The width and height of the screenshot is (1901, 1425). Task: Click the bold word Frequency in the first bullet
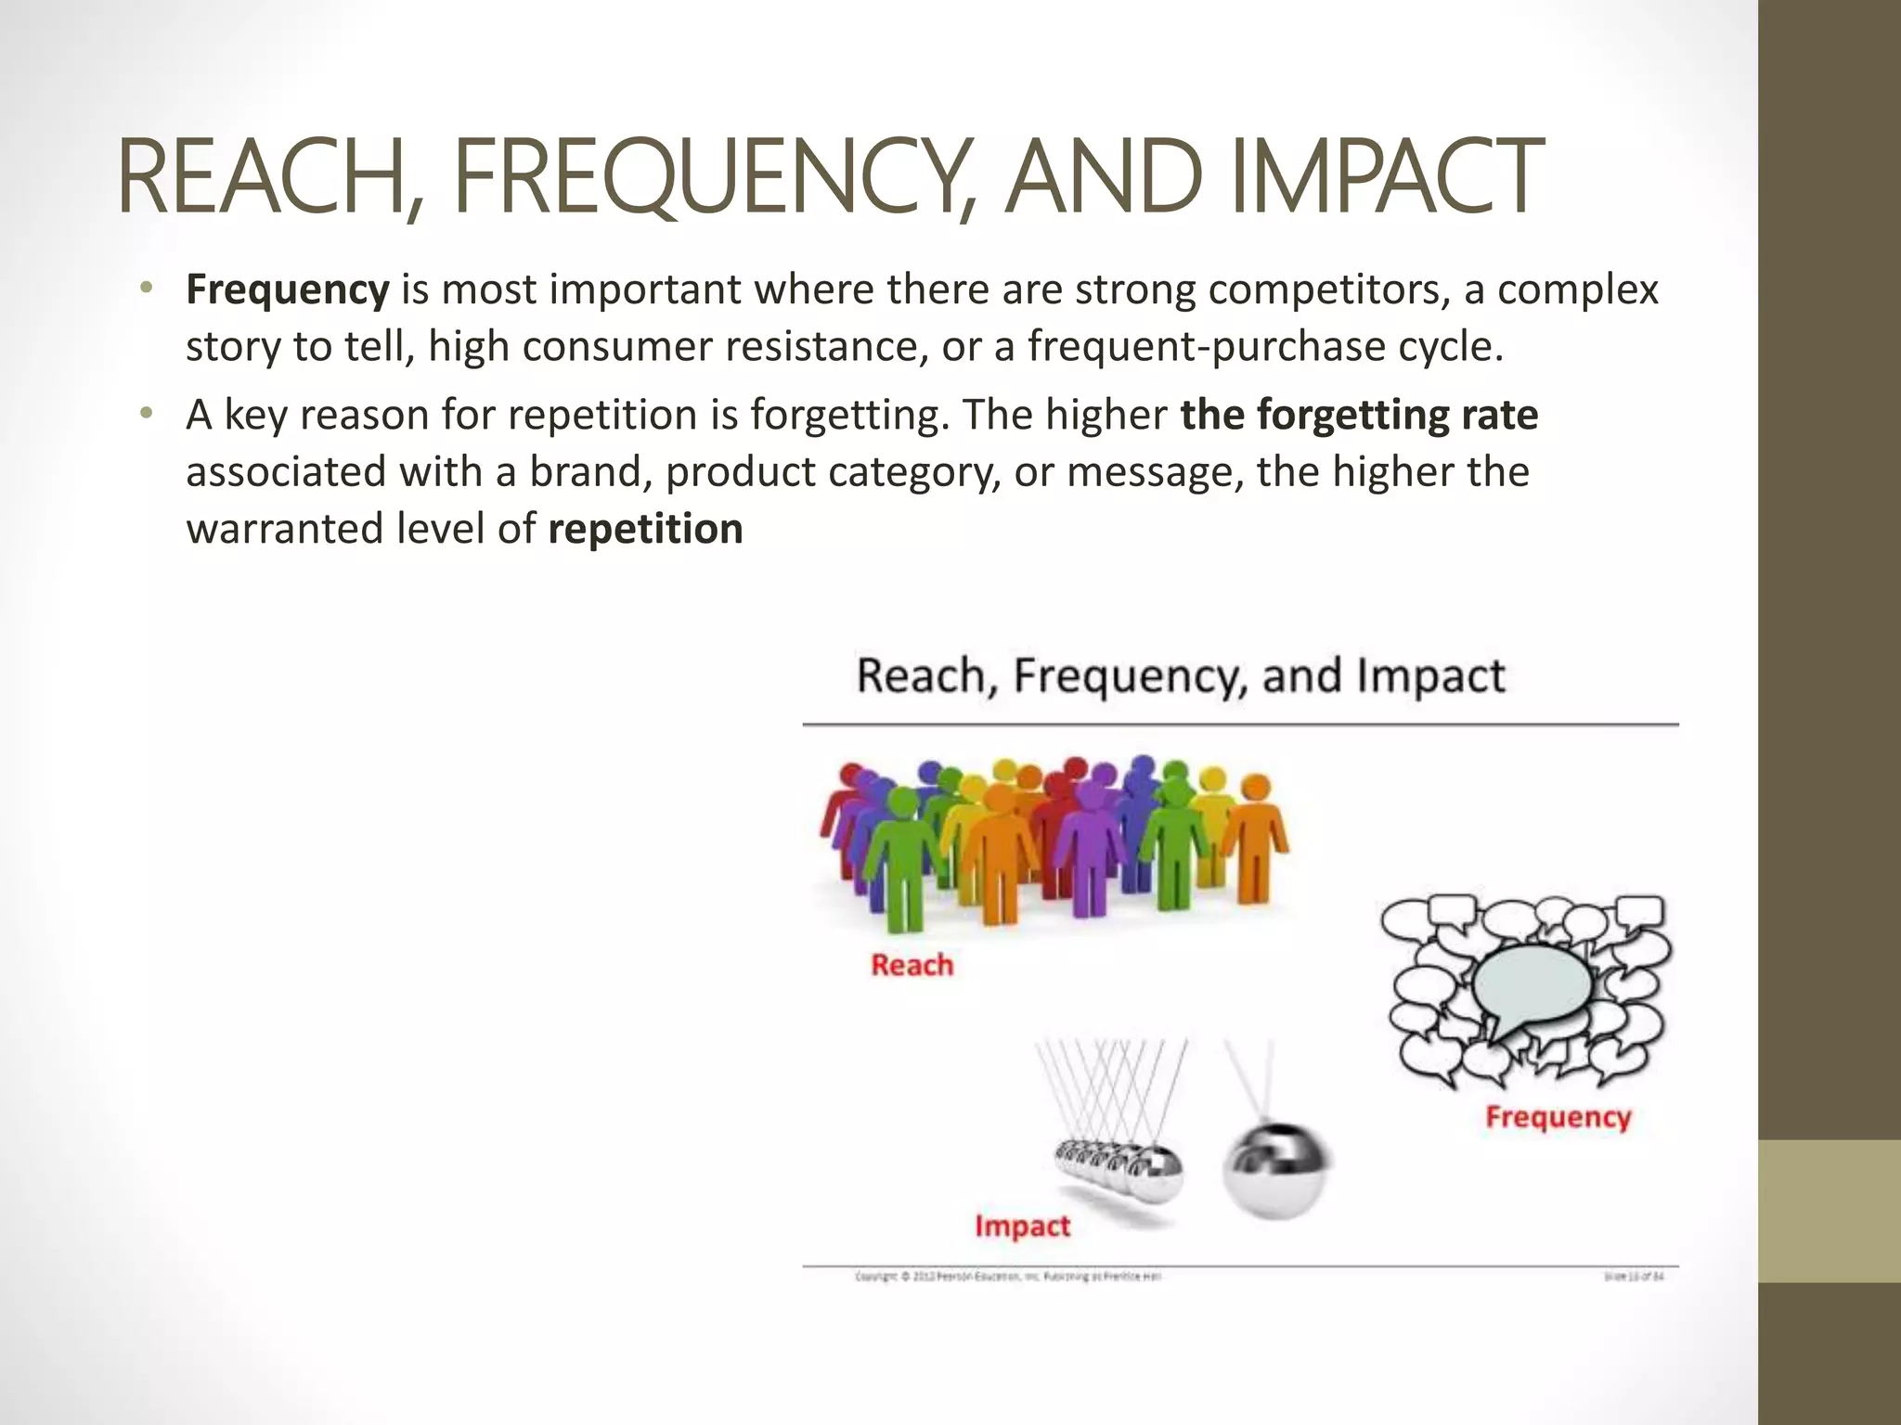click(x=288, y=289)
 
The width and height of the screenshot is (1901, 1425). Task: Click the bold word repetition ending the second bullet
click(x=646, y=529)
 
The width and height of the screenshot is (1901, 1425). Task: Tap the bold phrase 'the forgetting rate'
click(x=1359, y=415)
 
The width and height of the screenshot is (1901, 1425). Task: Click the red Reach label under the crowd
click(x=912, y=965)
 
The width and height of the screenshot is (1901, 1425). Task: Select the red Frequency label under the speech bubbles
click(x=1558, y=1116)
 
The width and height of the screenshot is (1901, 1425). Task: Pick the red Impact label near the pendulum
click(x=1022, y=1226)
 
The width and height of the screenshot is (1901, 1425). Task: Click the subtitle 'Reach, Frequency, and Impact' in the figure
click(x=1180, y=675)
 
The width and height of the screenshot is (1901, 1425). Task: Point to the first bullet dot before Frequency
click(x=145, y=289)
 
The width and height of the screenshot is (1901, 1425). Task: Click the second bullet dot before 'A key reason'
click(x=145, y=415)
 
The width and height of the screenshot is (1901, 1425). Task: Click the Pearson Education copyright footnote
click(x=1007, y=1277)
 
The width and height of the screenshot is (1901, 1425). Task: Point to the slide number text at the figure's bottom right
click(x=1634, y=1277)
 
